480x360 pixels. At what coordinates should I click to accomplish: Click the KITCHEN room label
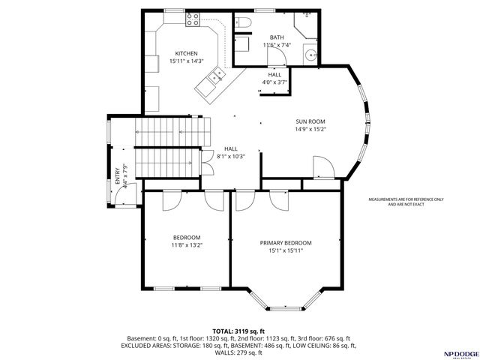click(186, 53)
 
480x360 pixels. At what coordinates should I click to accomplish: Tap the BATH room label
click(277, 37)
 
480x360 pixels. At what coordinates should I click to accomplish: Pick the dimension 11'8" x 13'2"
click(187, 244)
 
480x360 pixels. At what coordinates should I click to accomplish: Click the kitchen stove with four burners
click(189, 22)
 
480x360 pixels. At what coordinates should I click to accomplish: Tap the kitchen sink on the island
click(217, 75)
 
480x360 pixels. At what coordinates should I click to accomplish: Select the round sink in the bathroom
click(310, 54)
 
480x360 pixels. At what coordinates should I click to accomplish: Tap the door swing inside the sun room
click(320, 167)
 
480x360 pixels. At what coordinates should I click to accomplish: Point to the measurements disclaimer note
click(406, 201)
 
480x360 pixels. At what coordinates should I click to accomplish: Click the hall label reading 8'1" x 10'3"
click(231, 152)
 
